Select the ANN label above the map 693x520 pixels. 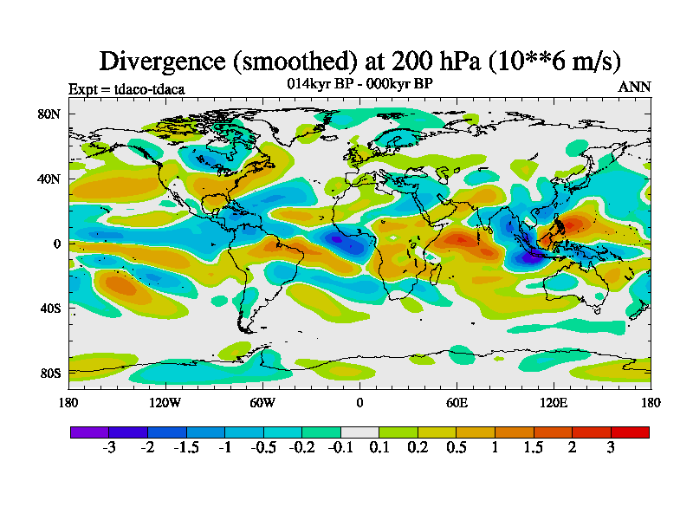(634, 87)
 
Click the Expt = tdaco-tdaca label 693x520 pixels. (126, 88)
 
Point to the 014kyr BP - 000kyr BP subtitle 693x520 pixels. (359, 83)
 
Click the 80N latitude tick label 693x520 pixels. (49, 114)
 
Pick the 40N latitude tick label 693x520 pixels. (49, 179)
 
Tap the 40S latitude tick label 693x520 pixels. (49, 308)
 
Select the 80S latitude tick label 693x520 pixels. (49, 373)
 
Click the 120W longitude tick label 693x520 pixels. (165, 402)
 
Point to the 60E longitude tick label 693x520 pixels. (457, 402)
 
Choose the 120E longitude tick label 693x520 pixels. (554, 402)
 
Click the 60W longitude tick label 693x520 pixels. (262, 402)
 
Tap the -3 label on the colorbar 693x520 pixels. (108, 448)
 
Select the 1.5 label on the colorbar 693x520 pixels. (534, 448)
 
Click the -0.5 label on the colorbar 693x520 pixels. (262, 448)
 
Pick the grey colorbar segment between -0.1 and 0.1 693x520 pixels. (359, 432)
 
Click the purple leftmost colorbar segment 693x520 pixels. (89, 432)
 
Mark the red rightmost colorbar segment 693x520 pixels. (630, 432)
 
